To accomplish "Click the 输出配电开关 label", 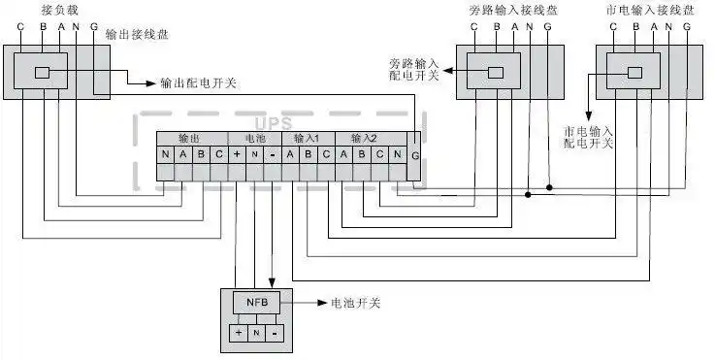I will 198,83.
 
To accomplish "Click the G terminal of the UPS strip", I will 415,155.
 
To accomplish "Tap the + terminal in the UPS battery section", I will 238,155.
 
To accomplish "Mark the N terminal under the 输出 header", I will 167,155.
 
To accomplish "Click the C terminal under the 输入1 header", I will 325,155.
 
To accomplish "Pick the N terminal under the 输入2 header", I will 397,155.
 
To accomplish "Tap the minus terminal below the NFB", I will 276,333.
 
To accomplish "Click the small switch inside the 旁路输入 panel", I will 496,73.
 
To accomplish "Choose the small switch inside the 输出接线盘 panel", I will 43,73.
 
